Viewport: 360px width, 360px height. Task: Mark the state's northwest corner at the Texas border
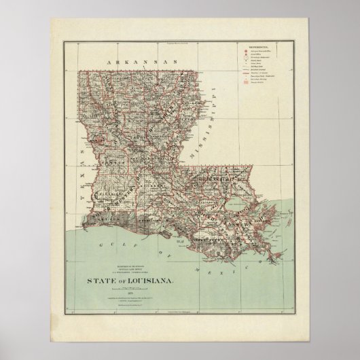[x=79, y=70]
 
